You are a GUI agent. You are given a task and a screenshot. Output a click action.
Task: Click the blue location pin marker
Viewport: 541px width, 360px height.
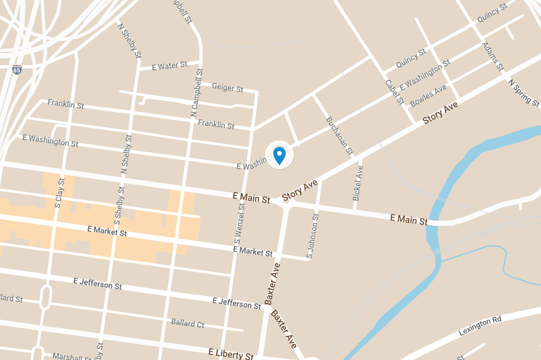coord(279,155)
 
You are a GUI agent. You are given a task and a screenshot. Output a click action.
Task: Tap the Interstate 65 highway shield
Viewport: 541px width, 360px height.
coord(16,69)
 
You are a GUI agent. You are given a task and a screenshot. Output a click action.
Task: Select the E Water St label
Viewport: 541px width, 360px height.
coord(169,65)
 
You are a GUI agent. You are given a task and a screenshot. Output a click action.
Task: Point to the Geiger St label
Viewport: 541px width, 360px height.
coord(228,88)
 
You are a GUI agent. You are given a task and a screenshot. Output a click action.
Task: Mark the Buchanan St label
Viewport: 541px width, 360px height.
coord(339,136)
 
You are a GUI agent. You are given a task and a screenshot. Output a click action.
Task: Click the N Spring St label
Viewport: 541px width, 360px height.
coord(524,92)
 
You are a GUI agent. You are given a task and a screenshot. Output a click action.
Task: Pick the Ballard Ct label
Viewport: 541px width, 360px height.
coord(187,324)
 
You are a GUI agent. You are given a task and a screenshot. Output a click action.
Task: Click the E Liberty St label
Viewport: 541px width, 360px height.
coord(231,353)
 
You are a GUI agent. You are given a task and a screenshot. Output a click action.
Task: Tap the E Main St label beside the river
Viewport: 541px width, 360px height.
coord(409,219)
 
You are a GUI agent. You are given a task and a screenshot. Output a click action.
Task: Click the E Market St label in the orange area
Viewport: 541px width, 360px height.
coord(107,231)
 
